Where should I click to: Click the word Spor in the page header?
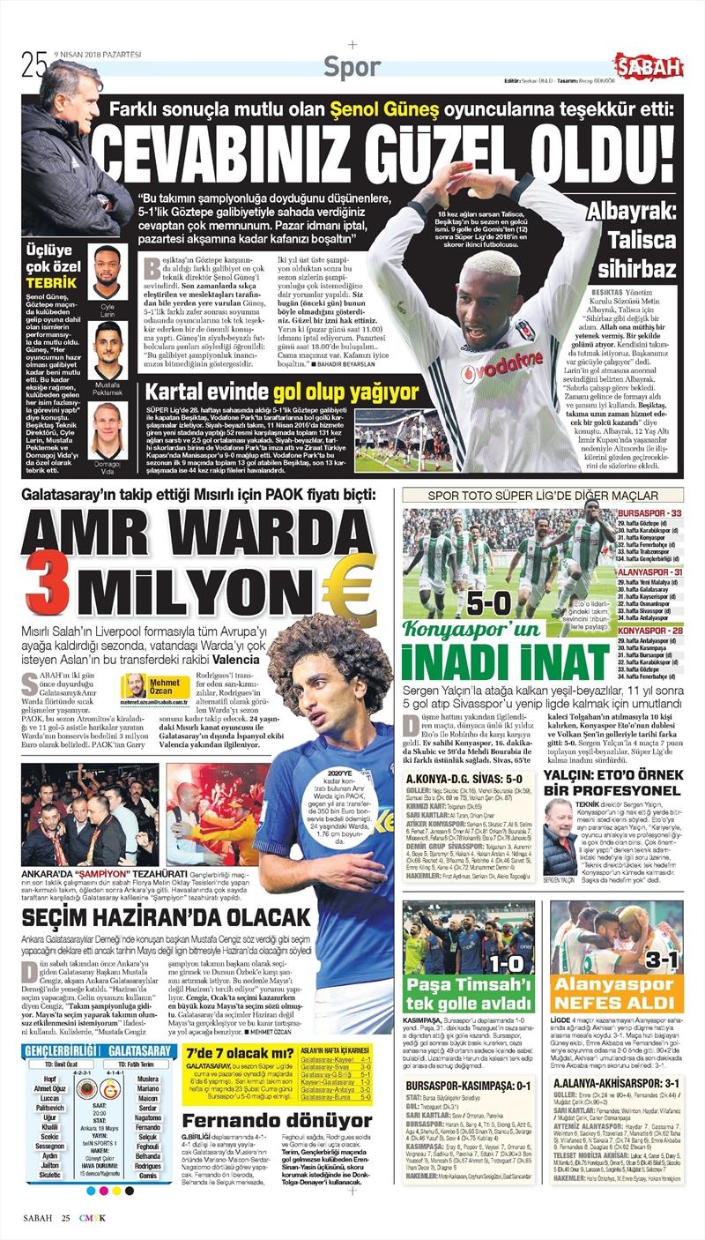[x=352, y=66]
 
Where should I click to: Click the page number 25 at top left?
[x=33, y=63]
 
